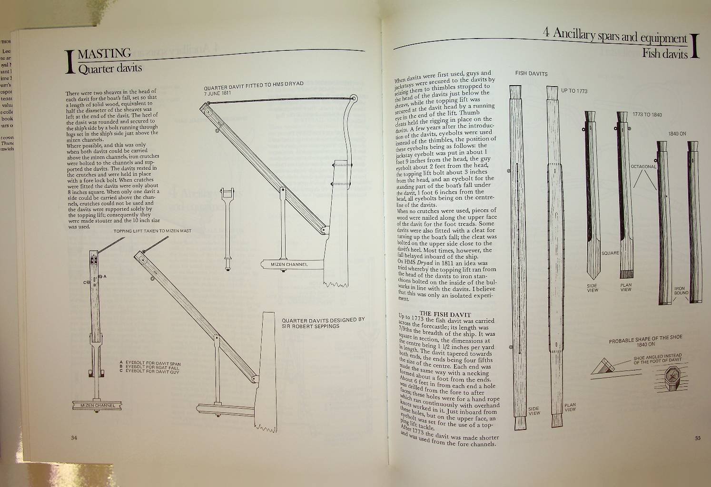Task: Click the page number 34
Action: (74, 438)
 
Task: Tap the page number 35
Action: (697, 438)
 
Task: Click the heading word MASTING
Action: (108, 53)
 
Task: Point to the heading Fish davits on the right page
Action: (664, 54)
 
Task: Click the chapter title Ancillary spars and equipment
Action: (614, 37)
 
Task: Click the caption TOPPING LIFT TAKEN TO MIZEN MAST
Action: (152, 231)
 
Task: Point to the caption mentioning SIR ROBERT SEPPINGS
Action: (323, 323)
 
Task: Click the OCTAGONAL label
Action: (643, 166)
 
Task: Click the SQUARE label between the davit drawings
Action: (610, 253)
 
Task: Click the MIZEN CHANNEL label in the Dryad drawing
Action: (289, 264)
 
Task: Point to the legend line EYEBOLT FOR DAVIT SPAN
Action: (153, 363)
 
